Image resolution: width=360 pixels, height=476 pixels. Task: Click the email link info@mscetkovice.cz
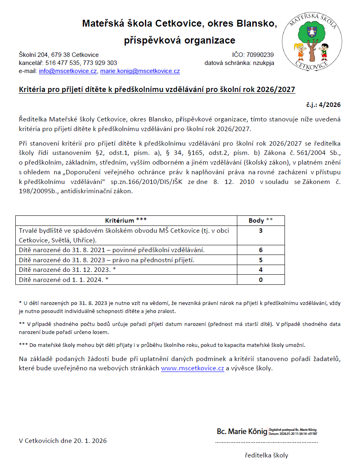[x=68, y=71]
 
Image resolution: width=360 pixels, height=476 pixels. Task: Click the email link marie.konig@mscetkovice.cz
[x=140, y=71]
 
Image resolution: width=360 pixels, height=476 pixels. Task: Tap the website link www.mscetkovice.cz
[x=193, y=368]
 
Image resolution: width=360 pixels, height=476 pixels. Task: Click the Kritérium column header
[x=126, y=221]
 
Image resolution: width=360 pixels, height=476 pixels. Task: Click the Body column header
[x=261, y=221]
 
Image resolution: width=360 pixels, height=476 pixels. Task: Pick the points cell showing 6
[x=261, y=250]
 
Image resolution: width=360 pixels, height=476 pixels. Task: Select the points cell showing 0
[x=261, y=280]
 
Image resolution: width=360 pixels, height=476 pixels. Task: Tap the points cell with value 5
[x=261, y=260]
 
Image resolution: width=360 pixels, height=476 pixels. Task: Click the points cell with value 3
[x=261, y=231]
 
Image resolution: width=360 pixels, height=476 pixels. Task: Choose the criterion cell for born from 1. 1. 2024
[x=64, y=280]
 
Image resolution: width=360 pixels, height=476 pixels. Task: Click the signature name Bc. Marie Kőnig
[x=242, y=432]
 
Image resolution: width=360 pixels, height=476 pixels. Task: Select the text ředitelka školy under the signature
[x=267, y=455]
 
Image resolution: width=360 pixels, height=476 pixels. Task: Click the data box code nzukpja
[x=264, y=63]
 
